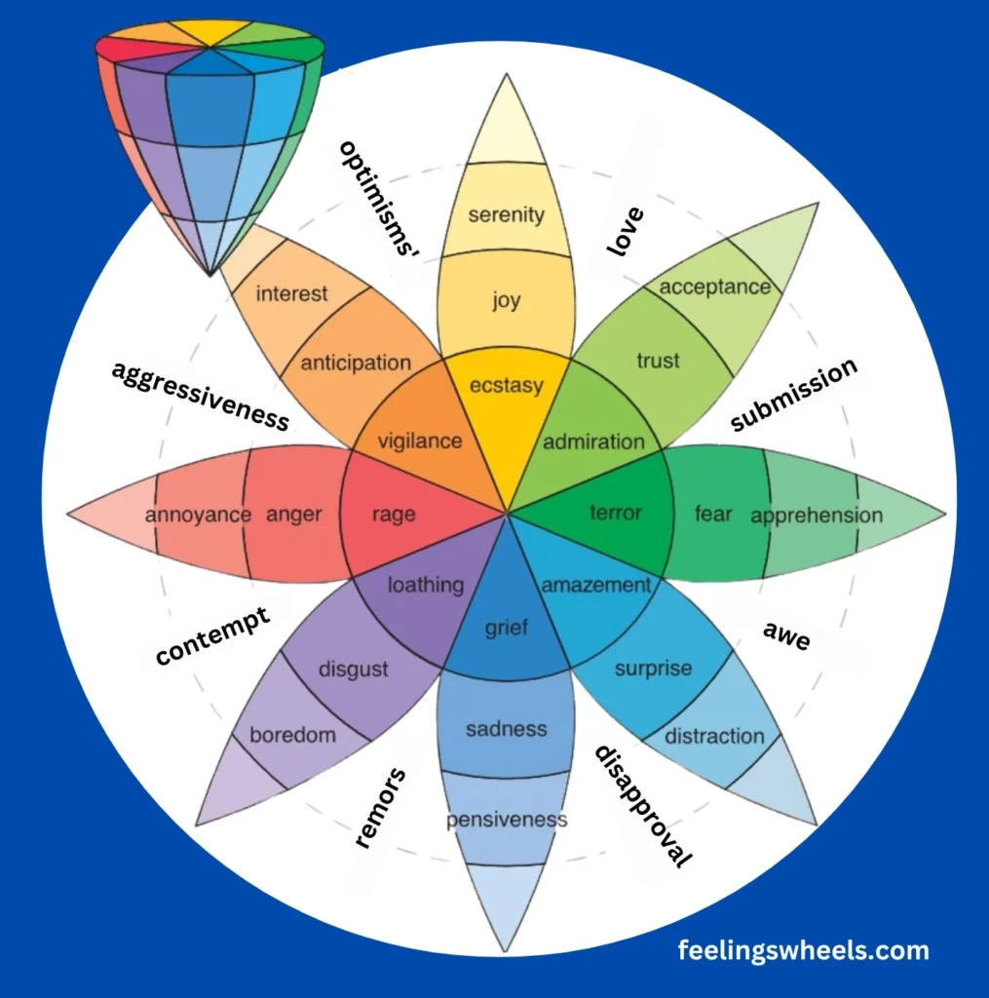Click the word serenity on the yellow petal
coord(506,214)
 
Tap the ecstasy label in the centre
coord(506,386)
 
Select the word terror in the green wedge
coord(616,512)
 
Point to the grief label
coord(507,628)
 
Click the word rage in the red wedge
coord(394,514)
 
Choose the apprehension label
coord(817,516)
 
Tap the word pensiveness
coord(507,820)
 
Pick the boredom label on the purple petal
coord(292,735)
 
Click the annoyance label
coord(198,515)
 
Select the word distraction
coord(714,736)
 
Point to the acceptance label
coord(715,287)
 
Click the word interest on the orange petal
coord(291,293)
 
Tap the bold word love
coord(626,232)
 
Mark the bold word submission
coord(794,394)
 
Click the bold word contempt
coord(212,636)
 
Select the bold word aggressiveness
coord(200,396)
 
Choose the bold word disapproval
coord(644,806)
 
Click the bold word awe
coord(786,637)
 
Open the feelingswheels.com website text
coord(803,950)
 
